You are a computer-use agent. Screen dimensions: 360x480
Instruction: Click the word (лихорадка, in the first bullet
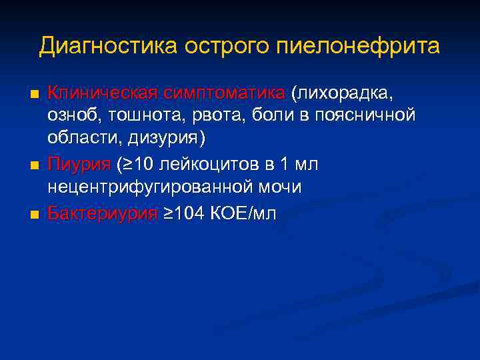coord(346,91)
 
